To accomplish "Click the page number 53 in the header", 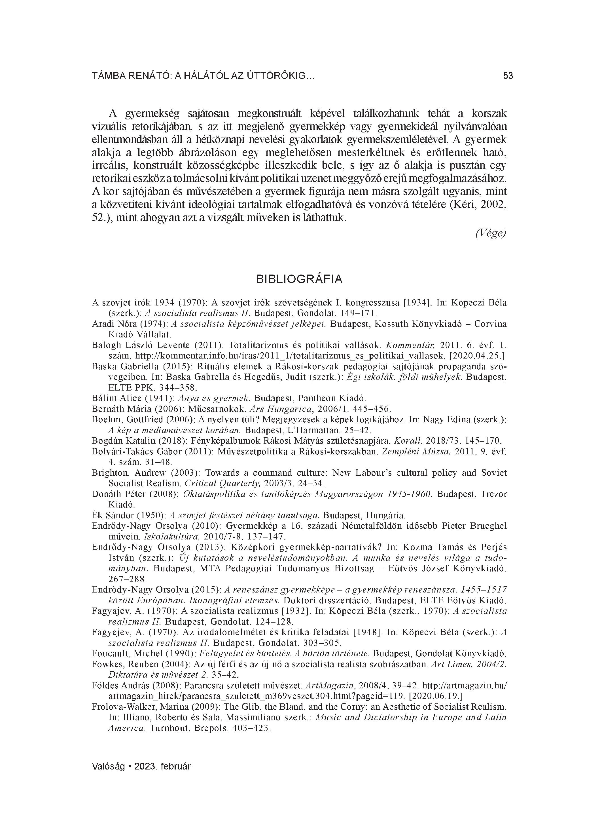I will (508, 76).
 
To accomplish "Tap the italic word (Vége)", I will (491, 233).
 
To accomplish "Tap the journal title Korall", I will (405, 441).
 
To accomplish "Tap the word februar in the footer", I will (177, 766).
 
